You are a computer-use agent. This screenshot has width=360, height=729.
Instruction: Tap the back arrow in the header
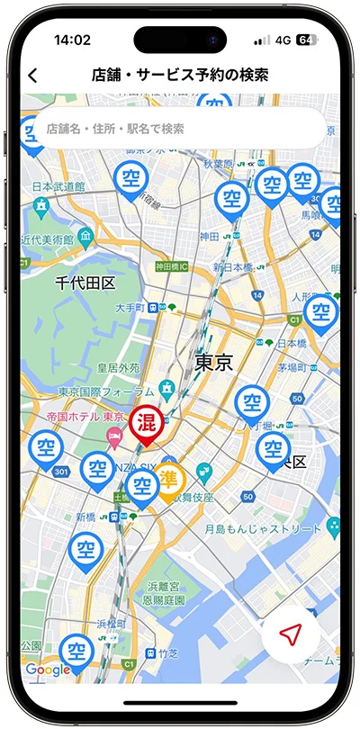pos(33,76)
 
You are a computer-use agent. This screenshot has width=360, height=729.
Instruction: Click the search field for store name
pos(180,129)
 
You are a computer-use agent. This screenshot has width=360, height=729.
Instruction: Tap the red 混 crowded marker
pos(145,423)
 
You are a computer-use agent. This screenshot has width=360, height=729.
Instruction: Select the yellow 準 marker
pos(168,480)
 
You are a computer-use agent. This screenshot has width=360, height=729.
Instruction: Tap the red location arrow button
pos(290,635)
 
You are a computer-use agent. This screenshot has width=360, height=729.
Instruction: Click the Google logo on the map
pos(48,670)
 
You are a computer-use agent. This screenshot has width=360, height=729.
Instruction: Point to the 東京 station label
pos(214,363)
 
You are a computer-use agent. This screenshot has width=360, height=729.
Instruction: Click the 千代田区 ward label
pos(85,283)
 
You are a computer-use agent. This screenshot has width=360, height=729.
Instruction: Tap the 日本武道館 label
pos(58,186)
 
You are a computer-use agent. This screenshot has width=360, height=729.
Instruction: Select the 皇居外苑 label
pos(118,368)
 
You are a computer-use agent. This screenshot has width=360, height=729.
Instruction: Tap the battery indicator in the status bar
pos(306,40)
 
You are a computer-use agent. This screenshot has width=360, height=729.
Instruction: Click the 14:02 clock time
pos(72,40)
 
